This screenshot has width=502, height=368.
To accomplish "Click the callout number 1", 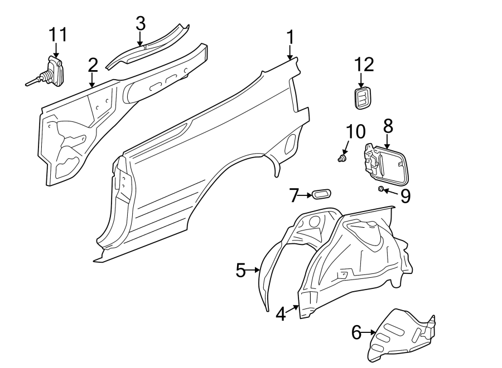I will click(x=290, y=38).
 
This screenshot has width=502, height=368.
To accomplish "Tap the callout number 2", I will click(x=93, y=65).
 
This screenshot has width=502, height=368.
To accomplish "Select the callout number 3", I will click(x=140, y=23).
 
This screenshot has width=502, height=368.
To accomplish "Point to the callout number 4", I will click(x=281, y=314).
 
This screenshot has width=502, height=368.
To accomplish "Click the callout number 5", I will click(x=241, y=271).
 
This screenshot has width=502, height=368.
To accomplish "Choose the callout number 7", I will click(x=295, y=195).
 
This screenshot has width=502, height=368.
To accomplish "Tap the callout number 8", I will click(x=388, y=126).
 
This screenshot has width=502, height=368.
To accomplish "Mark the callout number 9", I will click(x=405, y=195).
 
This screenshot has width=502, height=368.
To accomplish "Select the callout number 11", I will click(x=57, y=35).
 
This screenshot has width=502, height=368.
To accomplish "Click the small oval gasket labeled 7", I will click(x=321, y=194).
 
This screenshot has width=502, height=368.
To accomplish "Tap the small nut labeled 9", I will click(x=381, y=190).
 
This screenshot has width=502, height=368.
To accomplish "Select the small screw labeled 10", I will click(x=341, y=159).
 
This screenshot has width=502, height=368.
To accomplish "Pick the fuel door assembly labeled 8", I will click(x=388, y=164).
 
